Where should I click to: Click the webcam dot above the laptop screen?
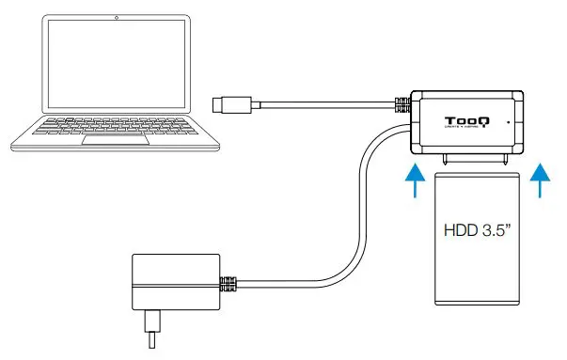click(x=115, y=18)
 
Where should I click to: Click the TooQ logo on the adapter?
click(x=465, y=120)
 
